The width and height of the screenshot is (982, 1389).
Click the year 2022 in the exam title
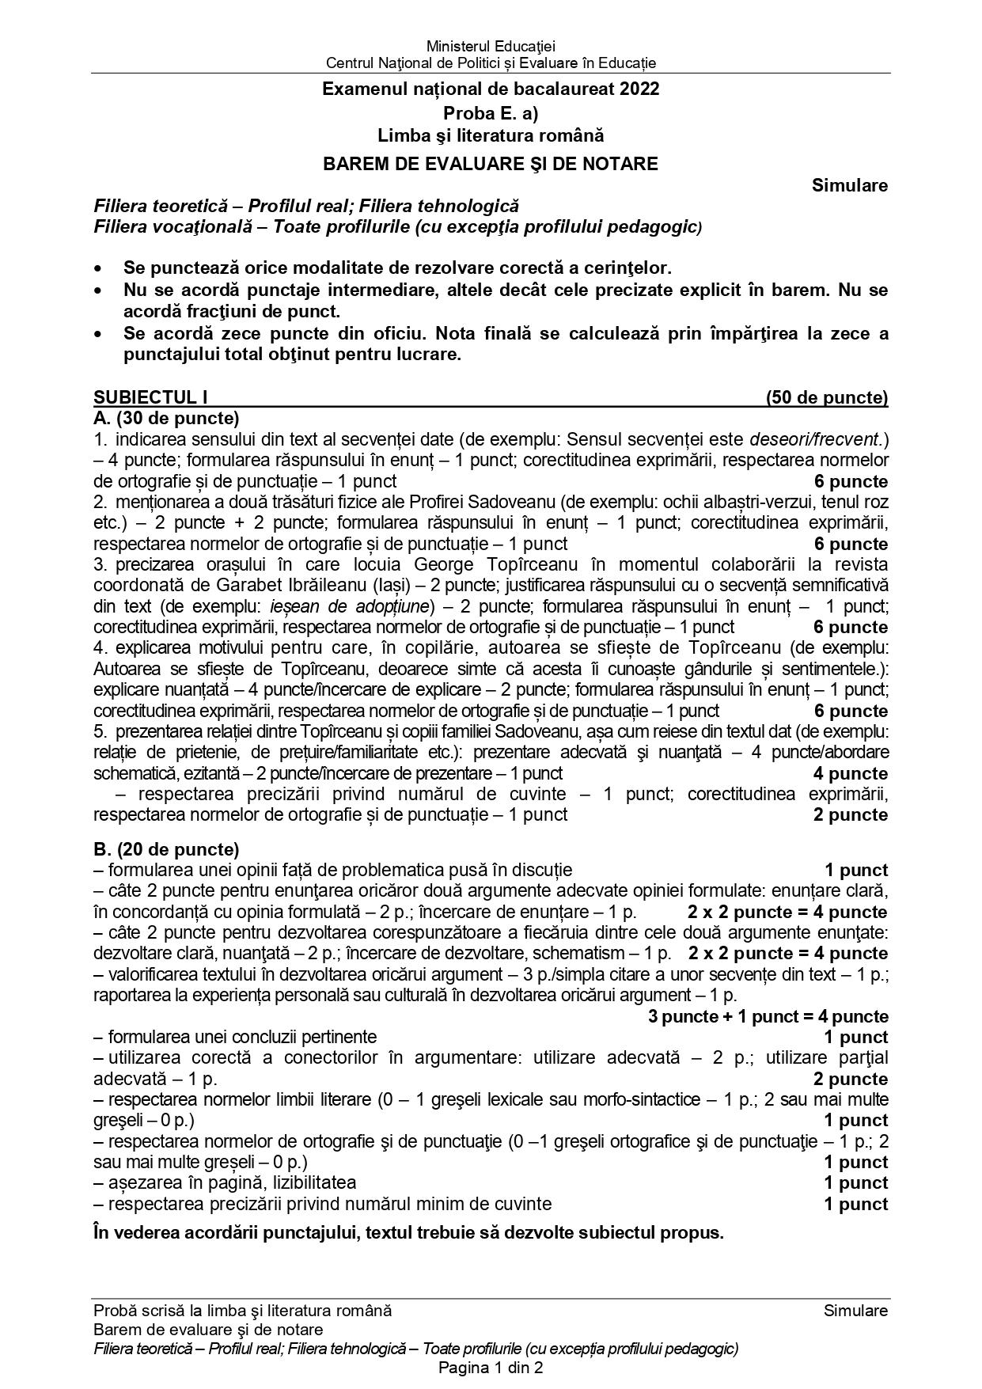639,89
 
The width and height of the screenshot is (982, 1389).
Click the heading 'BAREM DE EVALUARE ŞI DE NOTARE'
491,164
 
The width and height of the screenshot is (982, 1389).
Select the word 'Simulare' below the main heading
849,185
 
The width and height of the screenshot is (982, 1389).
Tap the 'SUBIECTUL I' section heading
150,397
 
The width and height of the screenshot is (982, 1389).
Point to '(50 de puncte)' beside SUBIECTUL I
826,397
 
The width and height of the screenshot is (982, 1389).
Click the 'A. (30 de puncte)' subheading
166,418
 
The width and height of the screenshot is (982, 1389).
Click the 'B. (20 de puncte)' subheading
166,849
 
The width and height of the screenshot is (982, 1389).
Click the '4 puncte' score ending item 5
851,773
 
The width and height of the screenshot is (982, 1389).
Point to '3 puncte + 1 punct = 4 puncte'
768,1016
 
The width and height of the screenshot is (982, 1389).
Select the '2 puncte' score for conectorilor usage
851,1079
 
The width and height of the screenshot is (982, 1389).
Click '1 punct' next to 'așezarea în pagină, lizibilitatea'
855,1182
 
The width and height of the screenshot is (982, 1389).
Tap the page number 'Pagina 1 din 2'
491,1368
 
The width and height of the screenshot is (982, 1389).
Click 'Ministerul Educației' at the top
491,46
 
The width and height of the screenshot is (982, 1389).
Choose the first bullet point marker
98,268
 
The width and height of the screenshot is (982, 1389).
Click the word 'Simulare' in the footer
855,1310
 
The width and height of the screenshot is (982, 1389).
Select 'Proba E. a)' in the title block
491,112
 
